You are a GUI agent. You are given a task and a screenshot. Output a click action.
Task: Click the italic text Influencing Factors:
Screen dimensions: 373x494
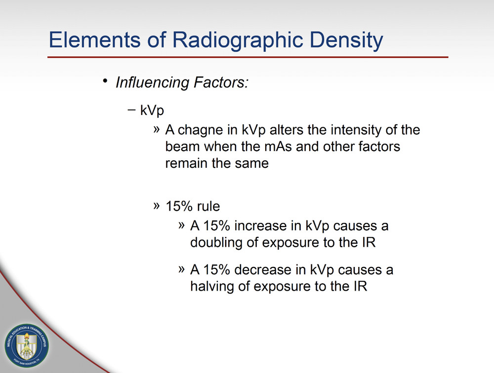pos(181,82)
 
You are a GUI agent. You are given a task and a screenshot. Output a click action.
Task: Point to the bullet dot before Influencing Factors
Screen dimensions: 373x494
pos(105,81)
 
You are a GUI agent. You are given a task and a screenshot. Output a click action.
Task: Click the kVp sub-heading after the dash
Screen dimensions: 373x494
pos(152,111)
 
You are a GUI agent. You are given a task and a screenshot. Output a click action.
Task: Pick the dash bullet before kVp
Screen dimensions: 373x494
pos(130,110)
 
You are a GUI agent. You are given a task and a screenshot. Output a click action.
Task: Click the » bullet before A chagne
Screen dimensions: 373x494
pos(157,130)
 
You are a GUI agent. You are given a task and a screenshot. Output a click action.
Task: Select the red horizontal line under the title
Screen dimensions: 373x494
pos(247,57)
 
